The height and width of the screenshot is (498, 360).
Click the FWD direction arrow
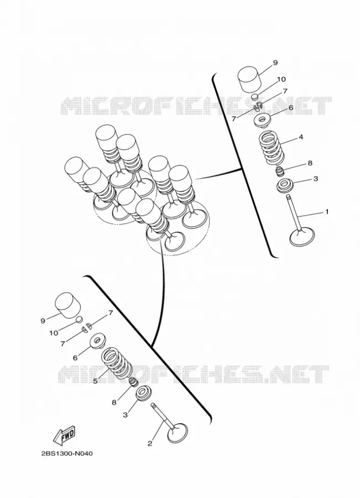(65, 435)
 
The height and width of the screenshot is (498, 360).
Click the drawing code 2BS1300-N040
(67, 453)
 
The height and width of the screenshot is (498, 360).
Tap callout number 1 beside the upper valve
(327, 211)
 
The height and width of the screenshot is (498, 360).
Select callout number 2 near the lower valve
(150, 443)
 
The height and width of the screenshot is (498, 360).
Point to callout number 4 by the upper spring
(301, 137)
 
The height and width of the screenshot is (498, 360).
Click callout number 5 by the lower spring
(95, 381)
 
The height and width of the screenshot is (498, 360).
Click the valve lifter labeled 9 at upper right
(250, 79)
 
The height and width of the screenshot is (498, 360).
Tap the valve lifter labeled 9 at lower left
(67, 305)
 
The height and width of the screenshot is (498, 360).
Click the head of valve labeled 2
(177, 433)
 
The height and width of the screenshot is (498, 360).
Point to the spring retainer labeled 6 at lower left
(98, 341)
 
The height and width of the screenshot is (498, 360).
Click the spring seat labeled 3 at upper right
(284, 186)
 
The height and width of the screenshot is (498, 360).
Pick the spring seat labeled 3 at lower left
(144, 393)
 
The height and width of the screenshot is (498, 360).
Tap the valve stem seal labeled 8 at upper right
(280, 172)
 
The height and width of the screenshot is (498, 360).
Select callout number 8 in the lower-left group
(114, 402)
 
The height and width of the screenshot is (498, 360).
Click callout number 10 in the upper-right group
(281, 79)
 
